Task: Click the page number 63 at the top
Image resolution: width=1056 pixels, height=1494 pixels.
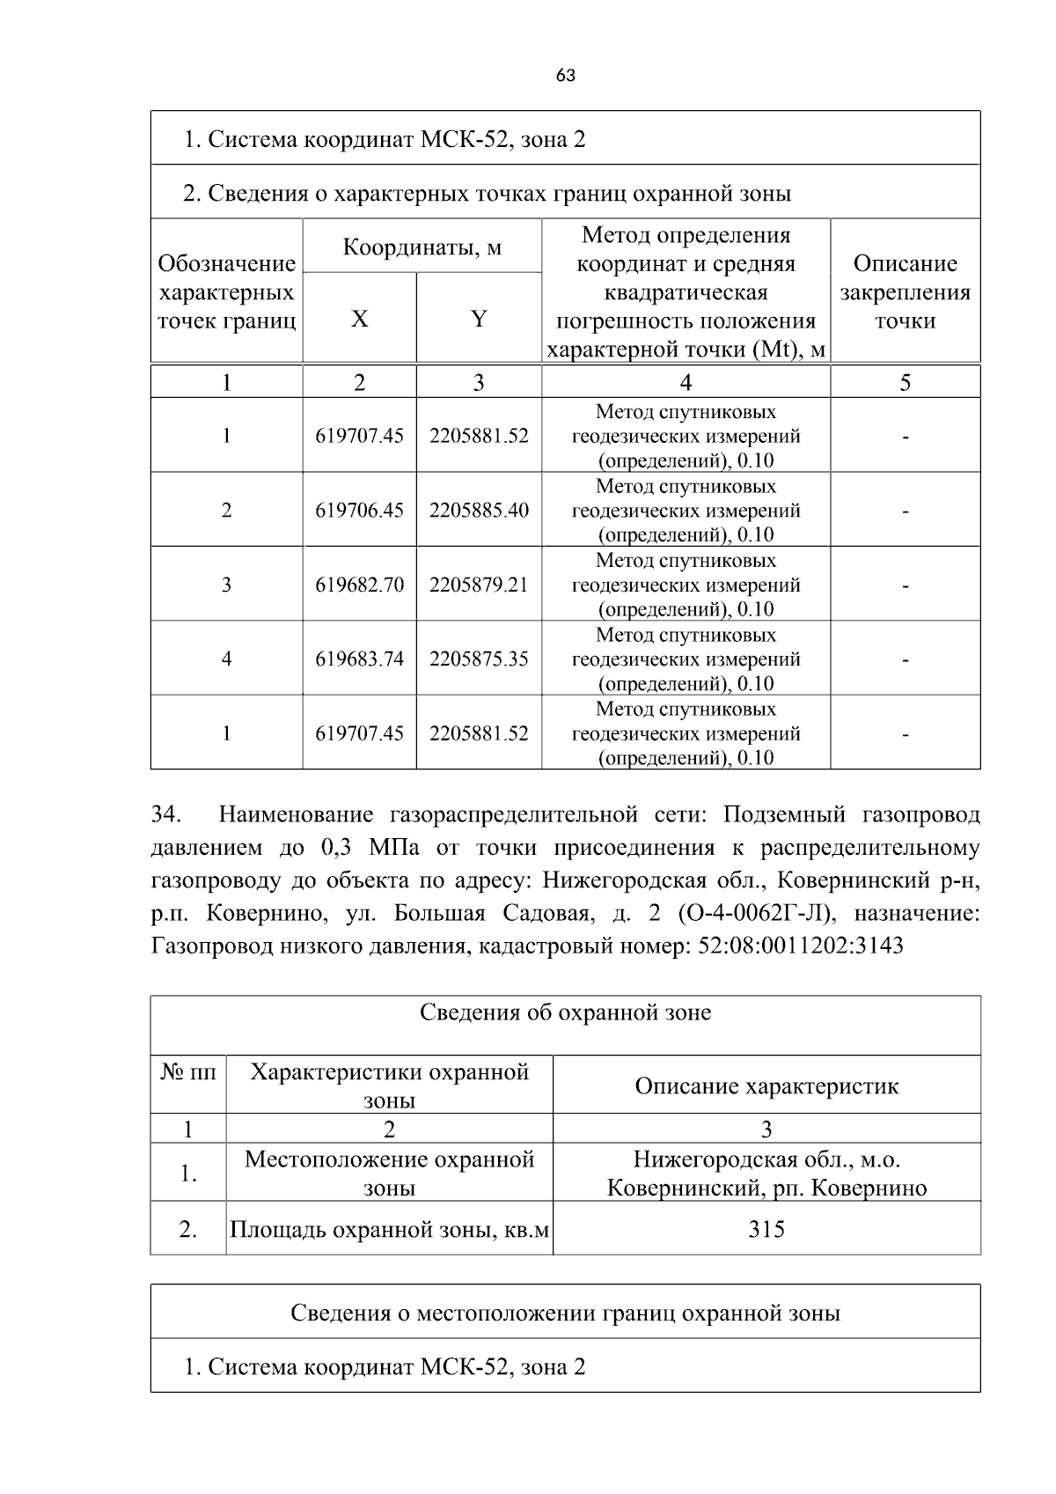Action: point(566,76)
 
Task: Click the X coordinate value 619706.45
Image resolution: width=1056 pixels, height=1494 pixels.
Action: point(359,510)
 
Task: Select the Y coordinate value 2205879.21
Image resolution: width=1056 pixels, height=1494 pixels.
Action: point(479,585)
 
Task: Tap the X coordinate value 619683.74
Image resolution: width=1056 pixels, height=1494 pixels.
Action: point(359,659)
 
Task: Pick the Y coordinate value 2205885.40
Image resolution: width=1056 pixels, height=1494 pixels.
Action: point(479,510)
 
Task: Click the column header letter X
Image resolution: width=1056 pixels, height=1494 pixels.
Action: point(359,319)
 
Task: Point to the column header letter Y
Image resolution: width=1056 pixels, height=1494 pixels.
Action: point(479,319)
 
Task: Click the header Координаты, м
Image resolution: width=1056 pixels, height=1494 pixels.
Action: point(422,247)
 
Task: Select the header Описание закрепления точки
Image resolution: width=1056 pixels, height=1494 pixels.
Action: point(905,291)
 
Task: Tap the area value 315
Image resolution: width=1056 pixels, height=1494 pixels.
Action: point(766,1229)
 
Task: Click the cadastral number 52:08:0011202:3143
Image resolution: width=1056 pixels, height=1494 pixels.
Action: point(800,946)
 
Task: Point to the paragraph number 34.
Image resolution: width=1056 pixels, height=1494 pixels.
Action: point(165,814)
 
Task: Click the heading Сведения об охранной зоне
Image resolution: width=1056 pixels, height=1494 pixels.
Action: point(565,1012)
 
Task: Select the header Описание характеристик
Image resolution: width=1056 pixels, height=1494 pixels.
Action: point(766,1086)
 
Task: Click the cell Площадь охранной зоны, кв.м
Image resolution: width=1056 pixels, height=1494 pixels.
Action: point(389,1229)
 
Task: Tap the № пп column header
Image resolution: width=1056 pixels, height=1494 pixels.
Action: point(188,1071)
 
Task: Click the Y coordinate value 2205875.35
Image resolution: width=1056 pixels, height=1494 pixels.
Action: point(479,659)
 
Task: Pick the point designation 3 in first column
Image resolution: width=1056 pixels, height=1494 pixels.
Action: point(226,585)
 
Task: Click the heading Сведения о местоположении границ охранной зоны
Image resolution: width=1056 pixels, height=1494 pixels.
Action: point(565,1313)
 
